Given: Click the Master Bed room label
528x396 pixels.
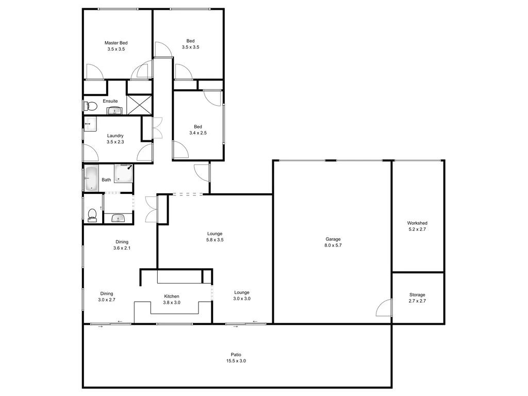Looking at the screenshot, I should click(x=116, y=46).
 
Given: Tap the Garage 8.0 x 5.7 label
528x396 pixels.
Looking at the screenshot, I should click(x=333, y=242).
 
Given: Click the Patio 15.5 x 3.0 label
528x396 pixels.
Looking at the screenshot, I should click(x=236, y=358).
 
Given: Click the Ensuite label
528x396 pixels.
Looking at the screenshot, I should click(x=110, y=101).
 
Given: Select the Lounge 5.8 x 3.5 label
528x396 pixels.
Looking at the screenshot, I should click(x=214, y=237).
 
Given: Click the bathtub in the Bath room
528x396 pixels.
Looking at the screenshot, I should click(x=91, y=178).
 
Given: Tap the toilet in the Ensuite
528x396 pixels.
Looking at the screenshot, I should click(x=90, y=106).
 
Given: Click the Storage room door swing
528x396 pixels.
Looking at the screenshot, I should click(x=384, y=308).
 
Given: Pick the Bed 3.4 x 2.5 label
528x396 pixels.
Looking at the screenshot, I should click(x=198, y=130).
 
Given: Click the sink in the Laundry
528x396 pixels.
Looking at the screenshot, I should click(x=91, y=124).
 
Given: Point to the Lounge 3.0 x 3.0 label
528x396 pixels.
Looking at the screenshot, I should click(x=242, y=295).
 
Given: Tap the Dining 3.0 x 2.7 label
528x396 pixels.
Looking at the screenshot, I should click(x=106, y=296).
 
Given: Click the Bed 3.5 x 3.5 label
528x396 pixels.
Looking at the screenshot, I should click(x=190, y=44).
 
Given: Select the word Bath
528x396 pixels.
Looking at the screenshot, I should click(x=106, y=180).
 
